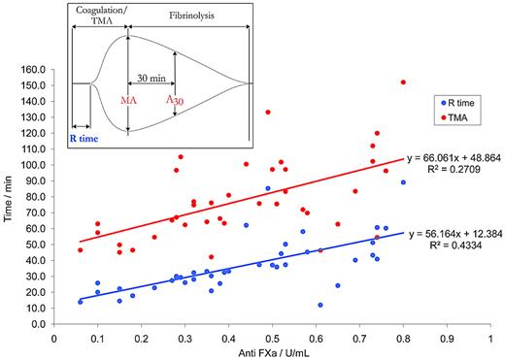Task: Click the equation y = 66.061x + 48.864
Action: point(452,154)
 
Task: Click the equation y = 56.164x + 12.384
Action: point(452,234)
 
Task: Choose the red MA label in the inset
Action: point(127,98)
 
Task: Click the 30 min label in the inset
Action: point(151,77)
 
